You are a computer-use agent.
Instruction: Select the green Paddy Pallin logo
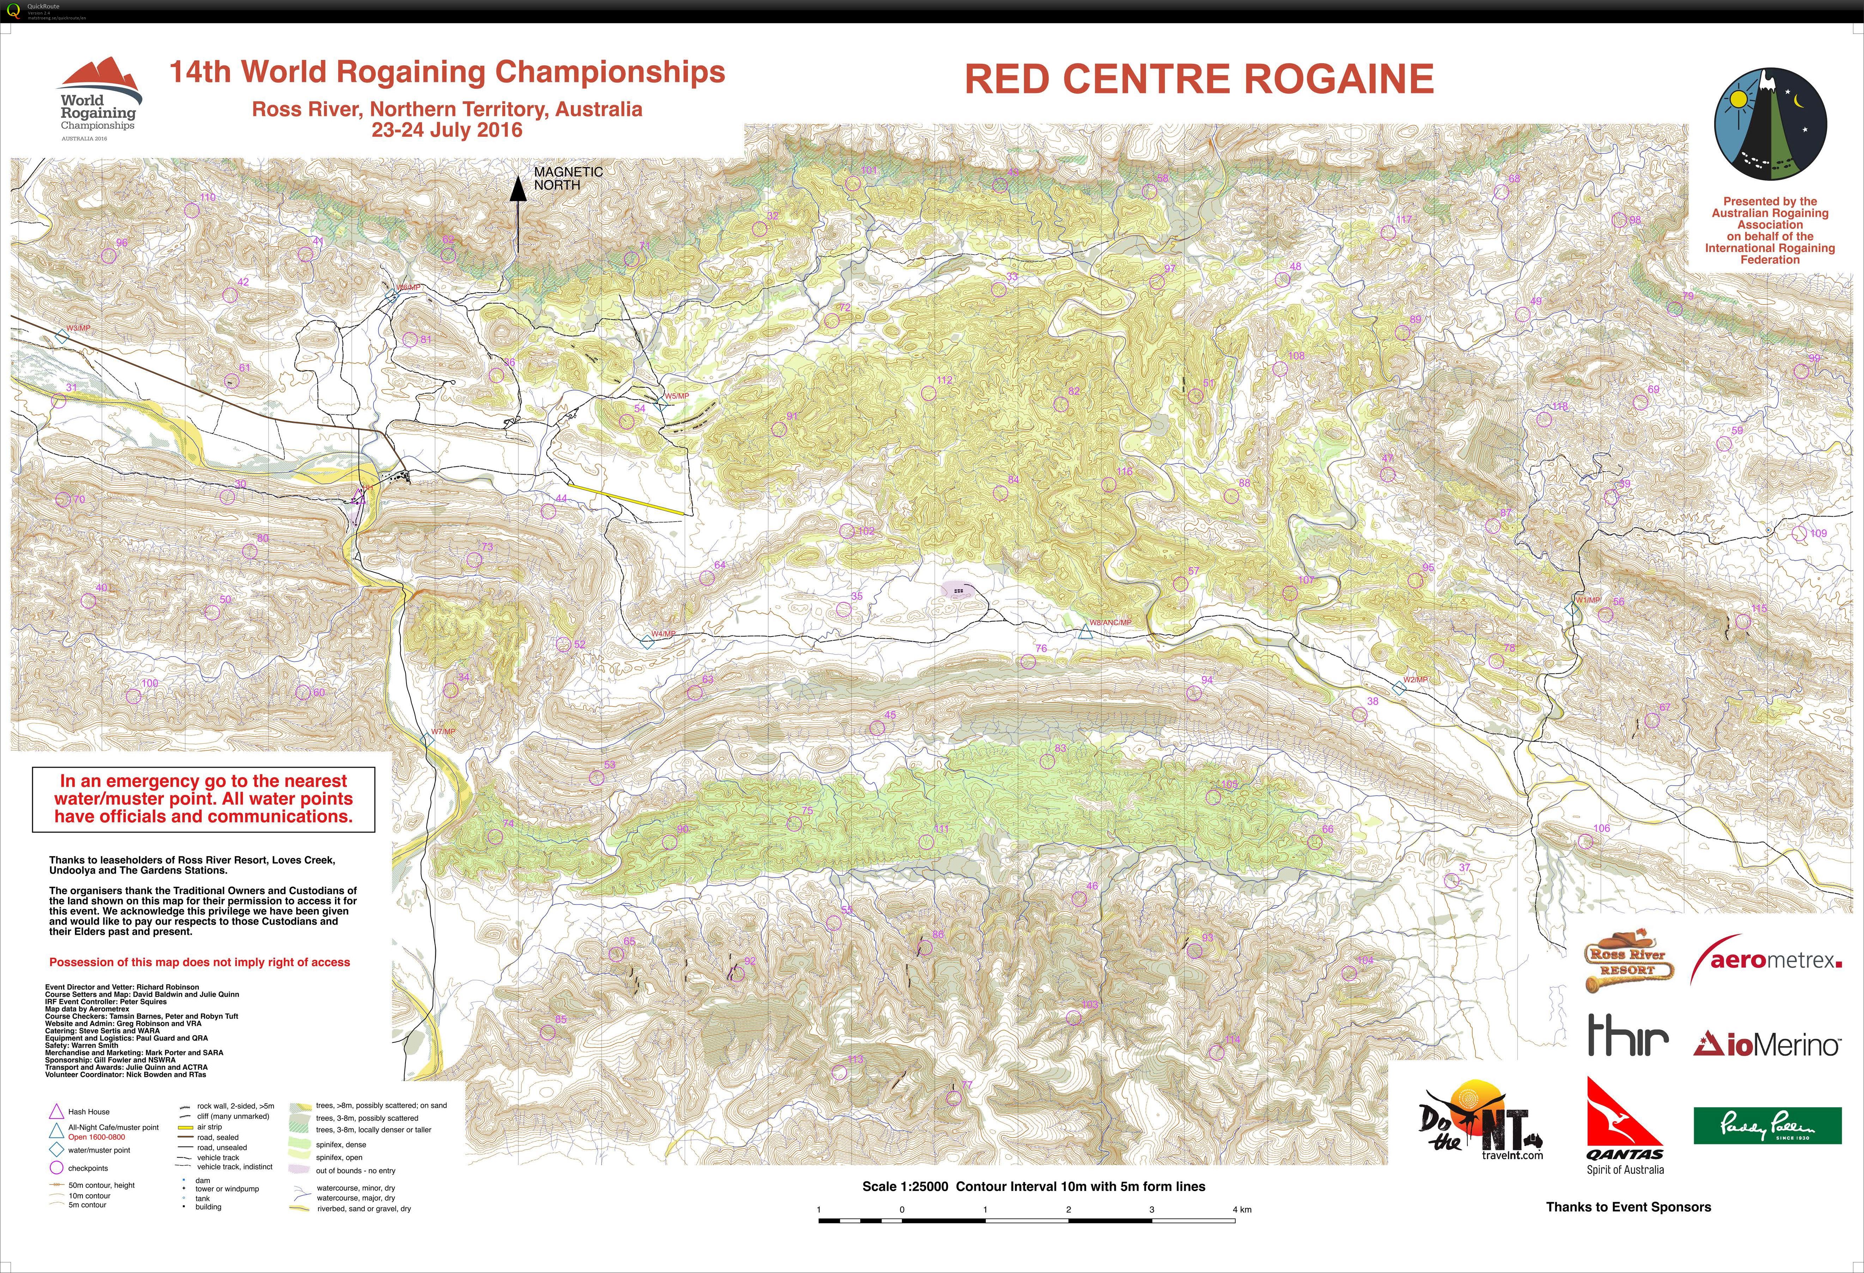click(x=1767, y=1125)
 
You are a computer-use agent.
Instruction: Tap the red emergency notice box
click(x=204, y=799)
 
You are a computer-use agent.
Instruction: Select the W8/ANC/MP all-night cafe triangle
click(x=1086, y=633)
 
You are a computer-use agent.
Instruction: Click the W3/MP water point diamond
click(x=62, y=338)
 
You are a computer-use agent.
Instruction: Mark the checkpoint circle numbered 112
click(x=929, y=393)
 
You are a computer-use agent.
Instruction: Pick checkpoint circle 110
click(x=192, y=210)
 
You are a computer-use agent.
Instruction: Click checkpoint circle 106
click(x=1586, y=841)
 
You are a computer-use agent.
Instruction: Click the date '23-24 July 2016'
click(x=447, y=130)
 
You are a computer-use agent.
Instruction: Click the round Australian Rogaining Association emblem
click(x=1770, y=124)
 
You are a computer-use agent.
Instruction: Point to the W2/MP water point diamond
click(x=1399, y=687)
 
